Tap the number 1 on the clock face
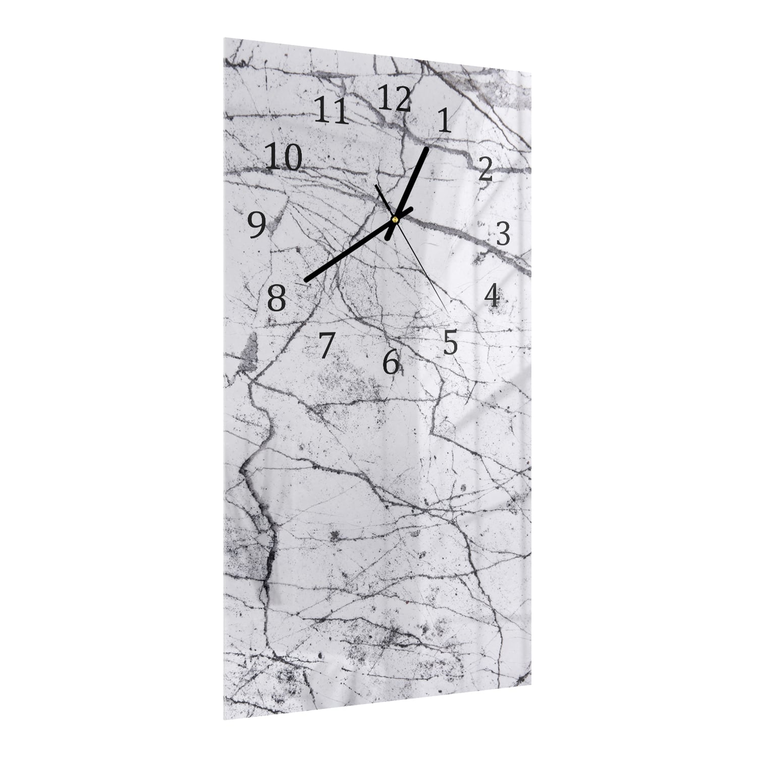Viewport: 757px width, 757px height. (x=444, y=121)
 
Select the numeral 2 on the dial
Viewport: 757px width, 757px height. (x=485, y=169)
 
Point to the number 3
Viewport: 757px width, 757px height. (x=503, y=234)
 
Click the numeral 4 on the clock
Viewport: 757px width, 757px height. (x=492, y=296)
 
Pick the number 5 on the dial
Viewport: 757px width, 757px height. (x=450, y=343)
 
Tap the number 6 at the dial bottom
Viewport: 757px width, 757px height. (x=391, y=362)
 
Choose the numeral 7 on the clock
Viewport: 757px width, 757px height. (x=327, y=345)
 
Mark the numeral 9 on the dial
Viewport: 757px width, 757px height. (x=257, y=225)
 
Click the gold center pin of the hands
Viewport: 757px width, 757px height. (x=395, y=219)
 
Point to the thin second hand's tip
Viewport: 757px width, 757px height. (x=448, y=307)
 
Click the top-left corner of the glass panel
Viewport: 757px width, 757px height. (x=224, y=40)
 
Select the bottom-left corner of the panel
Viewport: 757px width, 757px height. (x=224, y=706)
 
